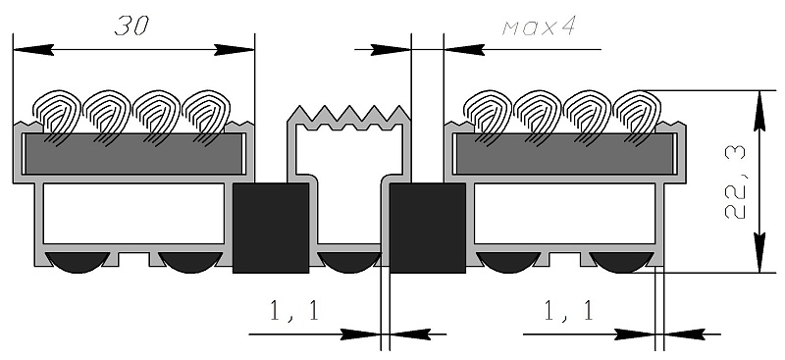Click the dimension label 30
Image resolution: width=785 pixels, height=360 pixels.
pyautogui.click(x=132, y=26)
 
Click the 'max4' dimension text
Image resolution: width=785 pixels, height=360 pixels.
pyautogui.click(x=539, y=27)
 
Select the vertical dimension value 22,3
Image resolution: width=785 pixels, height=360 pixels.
pyautogui.click(x=735, y=182)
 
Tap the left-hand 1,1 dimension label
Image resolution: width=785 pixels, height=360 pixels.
pyautogui.click(x=293, y=311)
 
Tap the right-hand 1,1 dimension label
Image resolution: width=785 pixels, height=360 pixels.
pyautogui.click(x=569, y=310)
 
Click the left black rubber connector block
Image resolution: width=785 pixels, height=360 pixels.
pyautogui.click(x=271, y=228)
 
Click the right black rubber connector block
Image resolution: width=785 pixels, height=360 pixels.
pyautogui.click(x=428, y=228)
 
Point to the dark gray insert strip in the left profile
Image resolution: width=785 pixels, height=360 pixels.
pyautogui.click(x=133, y=154)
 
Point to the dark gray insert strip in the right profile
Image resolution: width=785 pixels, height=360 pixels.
pyautogui.click(x=565, y=154)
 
